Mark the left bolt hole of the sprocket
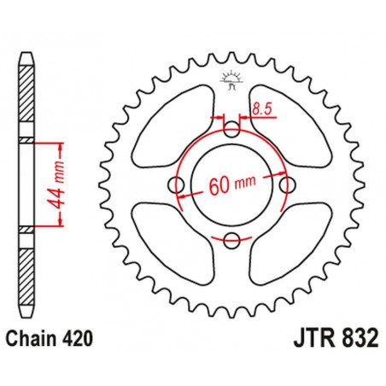[x=178, y=186]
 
